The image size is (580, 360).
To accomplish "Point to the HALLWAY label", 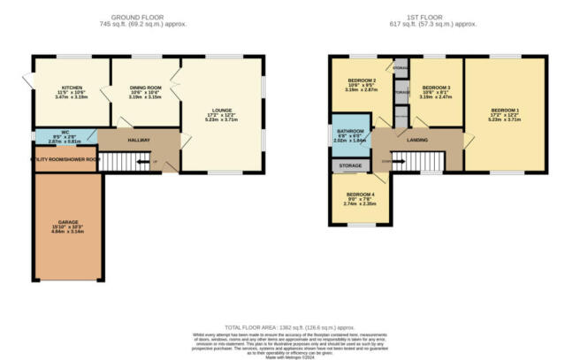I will [x=137, y=141].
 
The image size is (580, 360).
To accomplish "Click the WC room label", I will [x=65, y=132].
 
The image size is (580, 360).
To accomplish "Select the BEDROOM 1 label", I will [x=504, y=110].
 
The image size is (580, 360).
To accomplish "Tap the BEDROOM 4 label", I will [x=359, y=194].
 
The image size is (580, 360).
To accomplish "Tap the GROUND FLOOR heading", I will [x=146, y=17].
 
